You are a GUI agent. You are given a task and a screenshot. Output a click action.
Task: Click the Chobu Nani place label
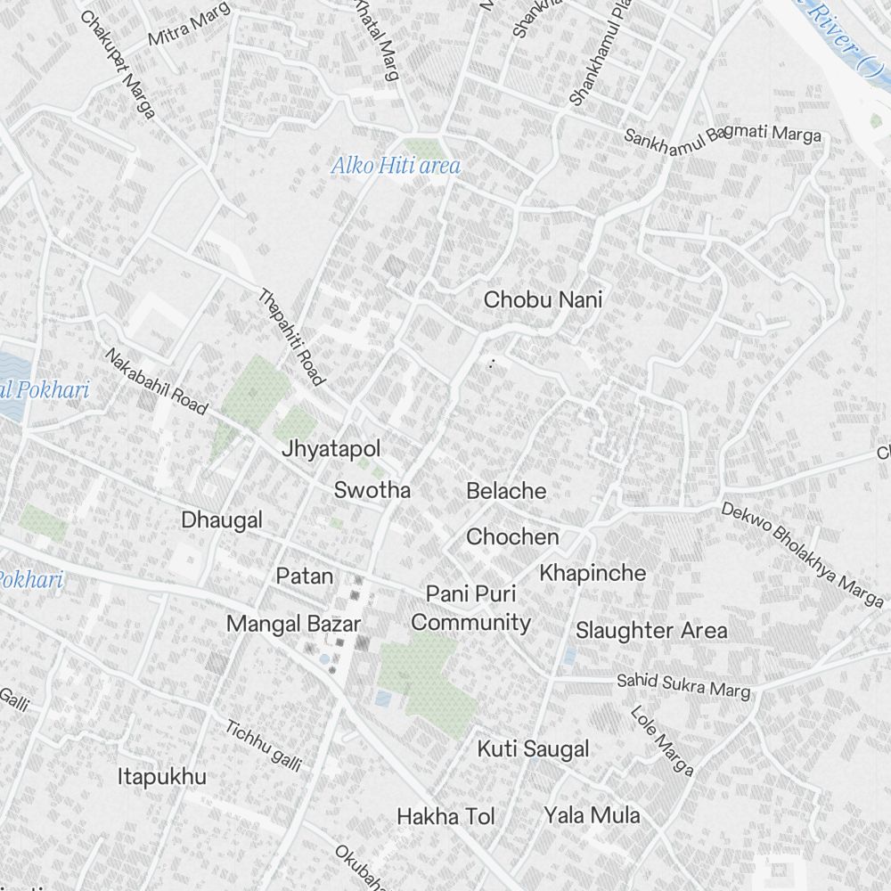(543, 300)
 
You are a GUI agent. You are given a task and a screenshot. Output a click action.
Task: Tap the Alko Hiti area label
(396, 166)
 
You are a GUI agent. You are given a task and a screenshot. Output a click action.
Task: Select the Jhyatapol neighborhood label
(331, 449)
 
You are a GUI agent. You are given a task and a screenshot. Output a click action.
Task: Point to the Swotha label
(372, 490)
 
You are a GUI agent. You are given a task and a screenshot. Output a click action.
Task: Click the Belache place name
(506, 491)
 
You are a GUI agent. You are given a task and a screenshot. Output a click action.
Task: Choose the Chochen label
(512, 537)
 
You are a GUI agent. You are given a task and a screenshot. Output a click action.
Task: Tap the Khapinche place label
(593, 573)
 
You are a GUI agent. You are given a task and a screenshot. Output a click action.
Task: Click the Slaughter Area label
(650, 631)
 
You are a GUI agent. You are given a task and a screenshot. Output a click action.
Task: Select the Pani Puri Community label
(470, 609)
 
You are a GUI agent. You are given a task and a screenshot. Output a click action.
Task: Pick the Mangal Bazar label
(293, 624)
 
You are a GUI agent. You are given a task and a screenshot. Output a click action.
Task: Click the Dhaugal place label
(222, 520)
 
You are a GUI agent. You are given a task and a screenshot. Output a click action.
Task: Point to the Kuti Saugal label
(533, 749)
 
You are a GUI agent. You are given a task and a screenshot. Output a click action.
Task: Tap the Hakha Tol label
(445, 816)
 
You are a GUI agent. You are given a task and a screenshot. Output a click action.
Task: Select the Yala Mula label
(592, 815)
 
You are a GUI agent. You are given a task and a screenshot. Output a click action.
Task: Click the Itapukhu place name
(162, 777)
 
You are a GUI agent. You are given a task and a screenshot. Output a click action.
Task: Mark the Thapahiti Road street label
(290, 337)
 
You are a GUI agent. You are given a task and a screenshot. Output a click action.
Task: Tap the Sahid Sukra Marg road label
(684, 685)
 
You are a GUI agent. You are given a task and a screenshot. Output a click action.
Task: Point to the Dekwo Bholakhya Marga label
(802, 553)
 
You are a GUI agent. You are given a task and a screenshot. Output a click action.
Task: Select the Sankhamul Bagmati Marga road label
(722, 135)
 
